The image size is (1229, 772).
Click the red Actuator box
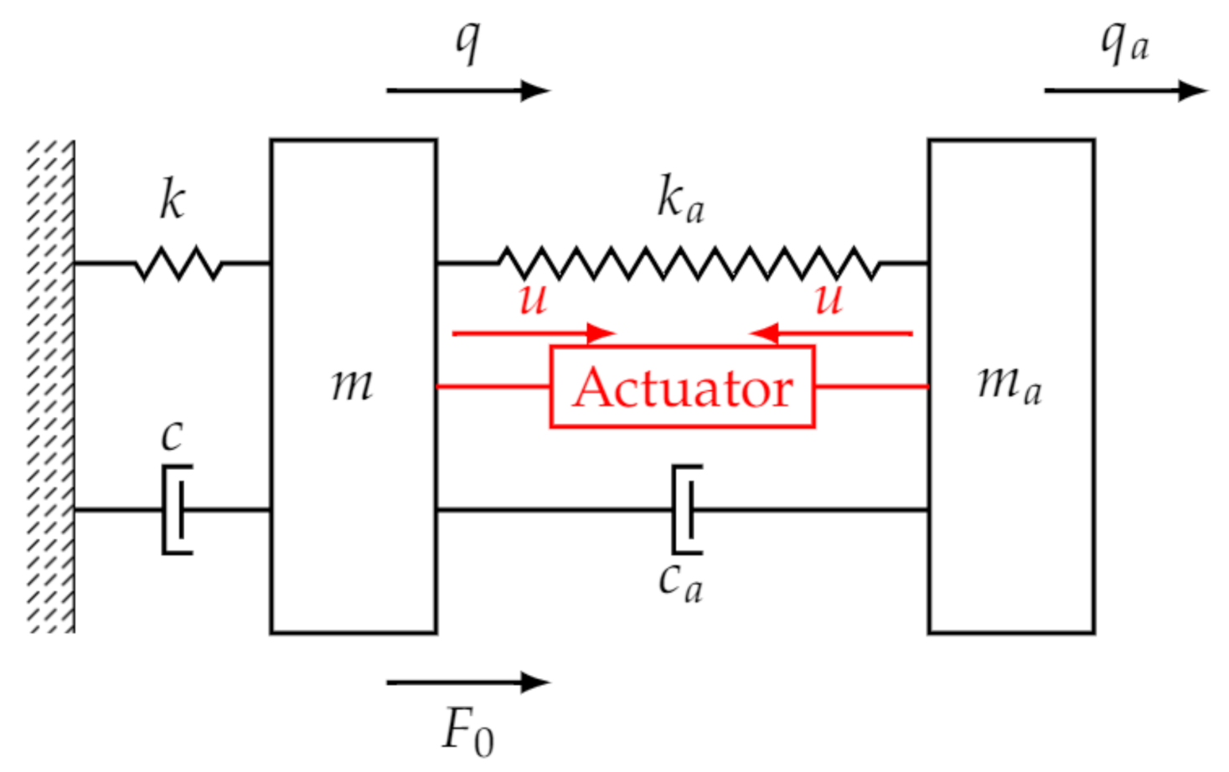pos(682,387)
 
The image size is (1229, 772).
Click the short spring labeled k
pos(178,263)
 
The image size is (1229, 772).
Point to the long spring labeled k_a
pos(688,263)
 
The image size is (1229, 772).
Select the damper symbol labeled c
pos(177,509)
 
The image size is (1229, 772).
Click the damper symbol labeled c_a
pos(686,509)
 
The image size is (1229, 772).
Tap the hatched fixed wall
pos(51,386)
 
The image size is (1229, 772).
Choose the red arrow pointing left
pos(830,333)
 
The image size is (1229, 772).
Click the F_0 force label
pos(467,730)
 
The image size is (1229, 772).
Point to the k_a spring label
pos(680,199)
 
